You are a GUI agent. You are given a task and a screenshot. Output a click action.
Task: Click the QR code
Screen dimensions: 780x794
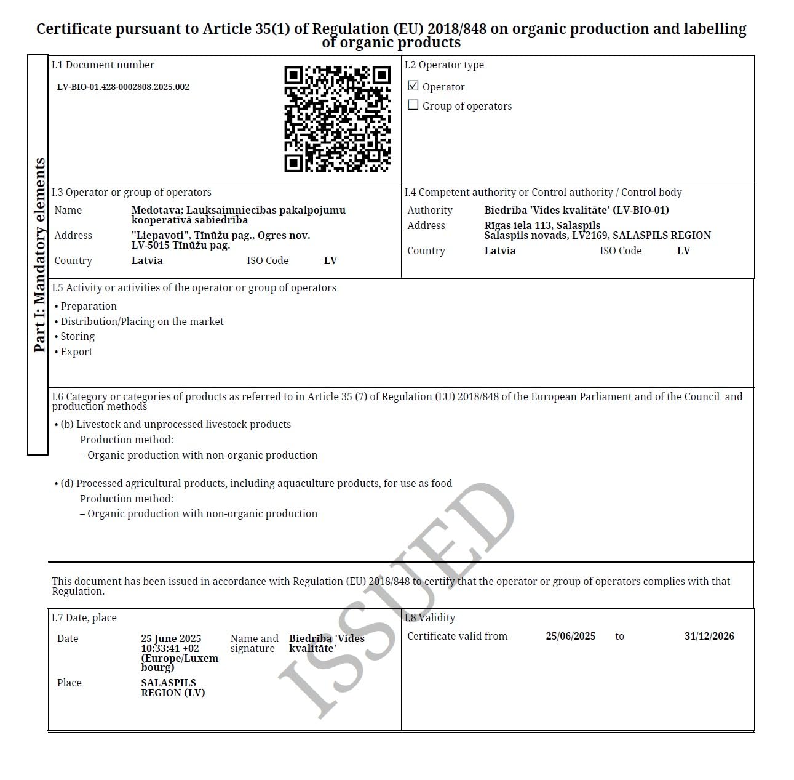(x=337, y=119)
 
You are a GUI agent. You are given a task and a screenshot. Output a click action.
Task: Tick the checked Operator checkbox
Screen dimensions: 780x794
(x=413, y=86)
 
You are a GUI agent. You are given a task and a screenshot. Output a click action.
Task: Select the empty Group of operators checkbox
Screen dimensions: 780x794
(x=413, y=105)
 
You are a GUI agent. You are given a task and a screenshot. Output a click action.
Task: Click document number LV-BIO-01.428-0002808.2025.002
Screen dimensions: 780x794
(x=123, y=87)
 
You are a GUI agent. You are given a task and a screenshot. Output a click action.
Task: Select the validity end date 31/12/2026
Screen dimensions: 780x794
(x=709, y=636)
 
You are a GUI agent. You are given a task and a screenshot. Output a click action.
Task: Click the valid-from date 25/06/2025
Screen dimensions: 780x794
(x=570, y=636)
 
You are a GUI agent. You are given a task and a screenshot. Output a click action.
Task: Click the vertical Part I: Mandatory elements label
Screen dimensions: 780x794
(x=39, y=255)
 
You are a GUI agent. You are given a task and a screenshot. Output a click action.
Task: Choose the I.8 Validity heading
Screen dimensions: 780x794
(x=430, y=617)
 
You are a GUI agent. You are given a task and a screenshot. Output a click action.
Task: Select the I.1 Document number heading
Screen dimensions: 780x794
(x=103, y=65)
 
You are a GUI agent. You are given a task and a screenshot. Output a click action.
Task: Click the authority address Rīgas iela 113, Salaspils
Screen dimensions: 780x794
(x=542, y=225)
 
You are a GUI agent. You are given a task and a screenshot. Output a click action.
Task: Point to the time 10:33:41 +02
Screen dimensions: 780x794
(x=170, y=648)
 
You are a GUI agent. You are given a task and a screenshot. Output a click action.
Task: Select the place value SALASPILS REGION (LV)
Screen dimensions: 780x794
(x=173, y=688)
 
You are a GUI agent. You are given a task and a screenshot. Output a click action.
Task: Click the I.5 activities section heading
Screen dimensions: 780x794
(x=194, y=287)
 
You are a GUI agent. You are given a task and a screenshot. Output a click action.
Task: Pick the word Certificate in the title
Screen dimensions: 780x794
(x=74, y=29)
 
